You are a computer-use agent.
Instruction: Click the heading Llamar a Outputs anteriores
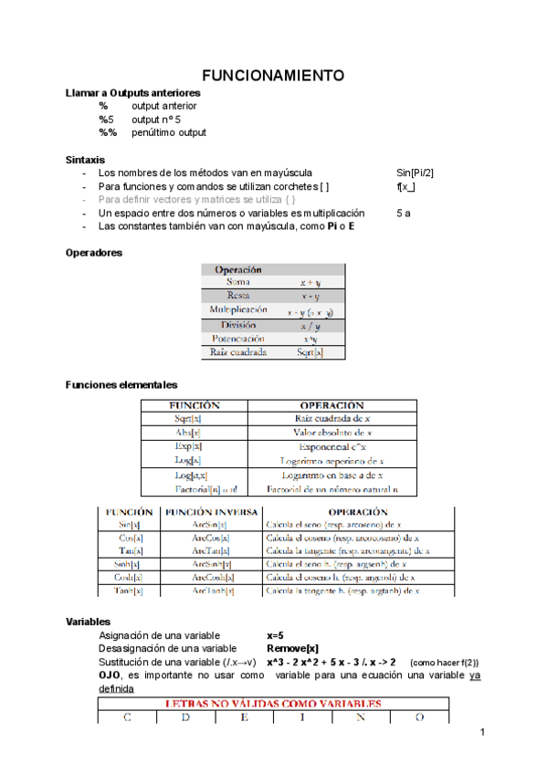point(133,93)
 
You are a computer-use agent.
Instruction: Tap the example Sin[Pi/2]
point(415,173)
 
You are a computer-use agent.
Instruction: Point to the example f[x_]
point(405,186)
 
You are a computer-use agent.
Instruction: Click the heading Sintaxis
point(85,159)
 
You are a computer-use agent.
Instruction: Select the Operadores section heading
point(95,252)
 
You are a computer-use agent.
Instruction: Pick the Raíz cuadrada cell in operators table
point(238,351)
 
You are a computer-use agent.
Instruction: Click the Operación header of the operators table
point(238,269)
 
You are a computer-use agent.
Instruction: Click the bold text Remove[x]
point(292,648)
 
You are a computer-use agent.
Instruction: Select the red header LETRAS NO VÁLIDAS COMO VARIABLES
point(271,704)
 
